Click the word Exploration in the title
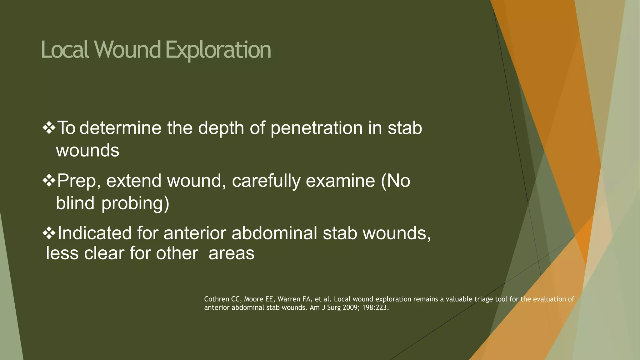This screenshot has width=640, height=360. (x=218, y=50)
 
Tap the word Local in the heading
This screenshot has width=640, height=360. (x=65, y=50)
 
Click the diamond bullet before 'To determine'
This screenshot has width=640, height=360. (x=49, y=128)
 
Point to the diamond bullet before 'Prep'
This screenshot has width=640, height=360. (x=49, y=181)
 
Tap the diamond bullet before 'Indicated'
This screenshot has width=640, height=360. (x=49, y=233)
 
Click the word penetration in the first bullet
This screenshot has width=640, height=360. (x=316, y=128)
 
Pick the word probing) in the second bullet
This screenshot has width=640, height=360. (x=135, y=203)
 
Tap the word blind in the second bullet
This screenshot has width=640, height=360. (x=75, y=203)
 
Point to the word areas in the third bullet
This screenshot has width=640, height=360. (x=231, y=253)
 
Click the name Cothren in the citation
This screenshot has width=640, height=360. (x=217, y=299)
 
